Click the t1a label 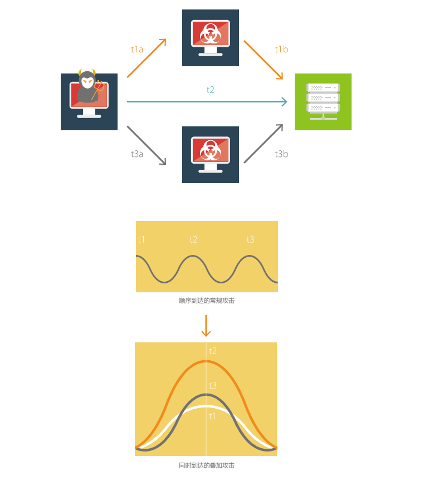(x=137, y=50)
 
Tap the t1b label (x=281, y=50)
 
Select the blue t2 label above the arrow (x=211, y=90)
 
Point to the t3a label (x=137, y=154)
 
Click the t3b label (x=281, y=154)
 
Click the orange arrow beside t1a (x=147, y=58)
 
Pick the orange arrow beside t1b (x=264, y=60)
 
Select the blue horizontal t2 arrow (x=207, y=101)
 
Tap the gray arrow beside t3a (x=147, y=145)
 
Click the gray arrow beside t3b (x=264, y=143)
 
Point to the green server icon (x=323, y=102)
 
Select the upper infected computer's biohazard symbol (x=211, y=35)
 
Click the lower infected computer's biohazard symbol (x=211, y=151)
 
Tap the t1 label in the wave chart (x=142, y=239)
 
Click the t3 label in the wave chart (x=250, y=239)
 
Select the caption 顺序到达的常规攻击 (x=207, y=301)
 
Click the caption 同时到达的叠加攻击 (x=207, y=465)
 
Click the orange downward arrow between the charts (x=206, y=326)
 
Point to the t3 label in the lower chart (x=212, y=385)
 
